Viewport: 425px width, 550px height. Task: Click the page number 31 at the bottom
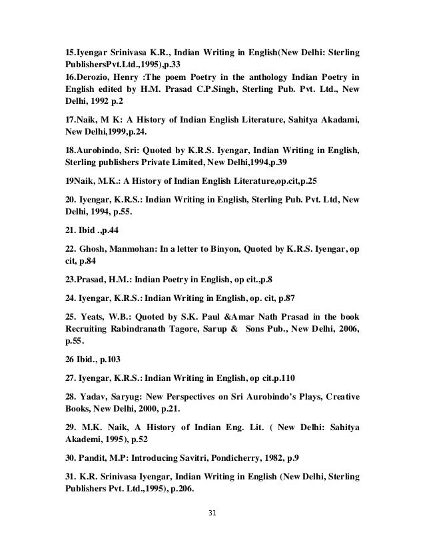[x=212, y=513]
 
